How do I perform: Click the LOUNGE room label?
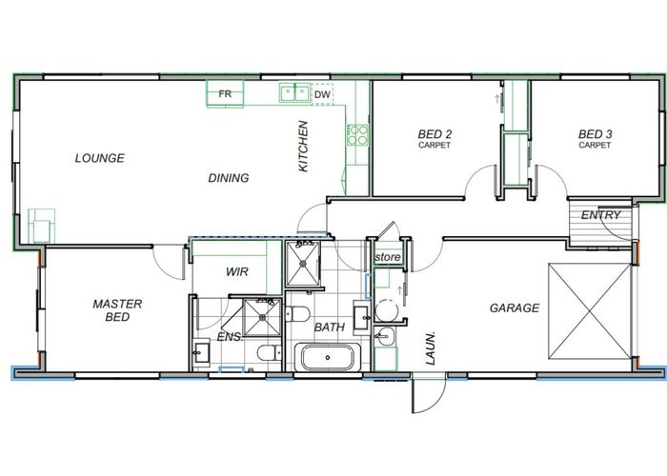(100, 158)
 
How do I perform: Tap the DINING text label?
(229, 178)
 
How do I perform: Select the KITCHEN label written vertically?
(303, 147)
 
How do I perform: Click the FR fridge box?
(226, 94)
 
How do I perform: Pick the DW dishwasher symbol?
(322, 94)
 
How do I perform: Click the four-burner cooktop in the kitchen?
(357, 135)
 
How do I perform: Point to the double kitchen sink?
(294, 92)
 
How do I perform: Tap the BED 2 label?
(435, 139)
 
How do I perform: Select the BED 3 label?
(596, 139)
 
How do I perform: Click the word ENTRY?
(601, 215)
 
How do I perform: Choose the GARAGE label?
(515, 307)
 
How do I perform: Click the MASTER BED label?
(117, 310)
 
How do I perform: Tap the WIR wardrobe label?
(237, 271)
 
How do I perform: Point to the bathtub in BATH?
(328, 357)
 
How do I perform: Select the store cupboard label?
(388, 257)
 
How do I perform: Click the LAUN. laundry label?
(431, 348)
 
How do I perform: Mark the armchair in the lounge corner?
(42, 226)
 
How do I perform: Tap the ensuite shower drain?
(262, 317)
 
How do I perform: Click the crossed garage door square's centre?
(590, 311)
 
